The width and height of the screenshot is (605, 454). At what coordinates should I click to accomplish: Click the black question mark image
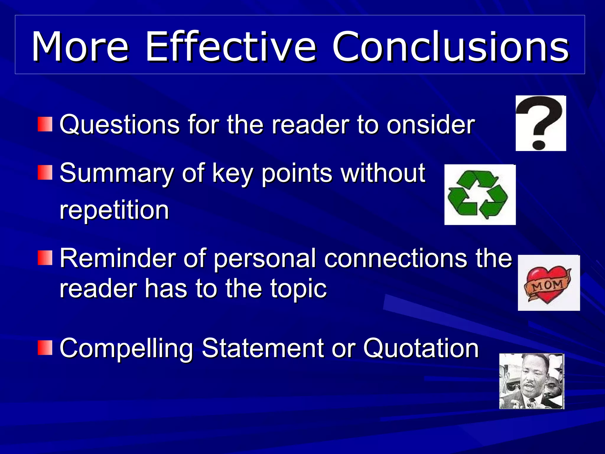pyautogui.click(x=541, y=123)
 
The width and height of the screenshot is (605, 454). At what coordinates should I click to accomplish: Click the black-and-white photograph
pyautogui.click(x=531, y=381)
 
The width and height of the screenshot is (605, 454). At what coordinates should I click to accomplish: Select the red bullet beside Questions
pyautogui.click(x=45, y=124)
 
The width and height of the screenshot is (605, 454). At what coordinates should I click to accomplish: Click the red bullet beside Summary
pyautogui.click(x=45, y=173)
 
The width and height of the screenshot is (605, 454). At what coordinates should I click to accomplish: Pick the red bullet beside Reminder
pyautogui.click(x=45, y=258)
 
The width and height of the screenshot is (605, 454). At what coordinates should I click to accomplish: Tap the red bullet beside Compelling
pyautogui.click(x=45, y=348)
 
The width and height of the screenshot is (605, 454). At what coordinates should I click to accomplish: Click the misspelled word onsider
pyautogui.click(x=430, y=124)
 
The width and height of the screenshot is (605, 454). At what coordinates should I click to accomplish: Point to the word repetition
pyautogui.click(x=114, y=210)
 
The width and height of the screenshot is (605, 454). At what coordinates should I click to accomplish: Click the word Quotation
pyautogui.click(x=421, y=348)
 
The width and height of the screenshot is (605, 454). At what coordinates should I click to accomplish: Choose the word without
pyautogui.click(x=383, y=173)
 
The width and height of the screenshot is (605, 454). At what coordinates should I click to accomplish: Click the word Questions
pyautogui.click(x=120, y=124)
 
